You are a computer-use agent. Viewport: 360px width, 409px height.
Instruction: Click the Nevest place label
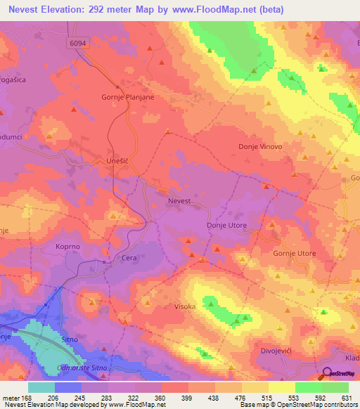179,201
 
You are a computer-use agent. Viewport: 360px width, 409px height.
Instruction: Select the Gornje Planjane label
128,98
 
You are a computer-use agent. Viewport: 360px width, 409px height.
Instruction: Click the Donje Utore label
226,225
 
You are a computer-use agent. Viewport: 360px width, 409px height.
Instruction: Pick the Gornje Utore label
295,253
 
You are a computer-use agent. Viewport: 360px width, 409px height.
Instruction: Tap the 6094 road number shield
79,44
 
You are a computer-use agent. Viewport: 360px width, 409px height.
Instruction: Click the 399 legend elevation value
188,397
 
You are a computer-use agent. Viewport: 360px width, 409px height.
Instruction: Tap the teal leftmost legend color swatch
41,387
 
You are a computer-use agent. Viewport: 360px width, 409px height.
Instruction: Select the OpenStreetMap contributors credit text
320,405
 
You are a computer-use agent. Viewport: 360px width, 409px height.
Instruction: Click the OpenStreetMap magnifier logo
328,374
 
